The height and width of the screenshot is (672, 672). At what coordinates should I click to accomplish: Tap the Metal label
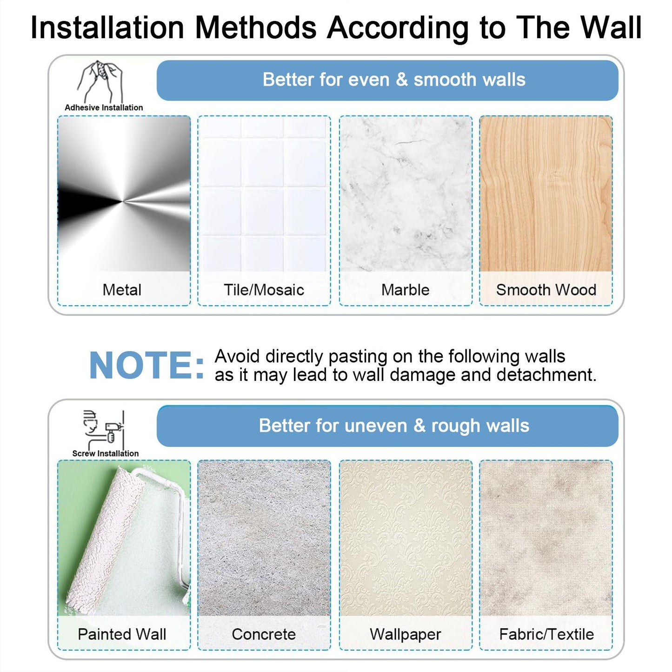(122, 290)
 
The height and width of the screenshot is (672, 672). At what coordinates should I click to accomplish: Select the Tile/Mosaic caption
(264, 290)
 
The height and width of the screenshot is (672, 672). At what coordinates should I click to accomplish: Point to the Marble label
(405, 290)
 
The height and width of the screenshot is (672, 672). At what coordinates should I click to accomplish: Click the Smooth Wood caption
(546, 290)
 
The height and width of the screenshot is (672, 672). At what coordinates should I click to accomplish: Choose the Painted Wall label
(122, 634)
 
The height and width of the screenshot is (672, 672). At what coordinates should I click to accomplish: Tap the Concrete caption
(264, 634)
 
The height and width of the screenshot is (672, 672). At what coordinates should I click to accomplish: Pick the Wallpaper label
(405, 634)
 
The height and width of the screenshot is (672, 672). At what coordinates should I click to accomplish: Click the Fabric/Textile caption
(546, 634)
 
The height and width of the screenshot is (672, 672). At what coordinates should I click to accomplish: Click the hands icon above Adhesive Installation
(100, 81)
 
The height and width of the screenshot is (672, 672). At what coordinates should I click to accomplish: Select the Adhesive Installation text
(104, 107)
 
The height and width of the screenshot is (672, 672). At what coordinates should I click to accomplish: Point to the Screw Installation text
(105, 453)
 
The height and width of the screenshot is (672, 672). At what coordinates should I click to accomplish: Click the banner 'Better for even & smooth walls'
(387, 80)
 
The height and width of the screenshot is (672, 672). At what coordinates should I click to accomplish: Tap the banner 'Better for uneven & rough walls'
(387, 426)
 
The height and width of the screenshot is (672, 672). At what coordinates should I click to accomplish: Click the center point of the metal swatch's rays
(123, 201)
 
